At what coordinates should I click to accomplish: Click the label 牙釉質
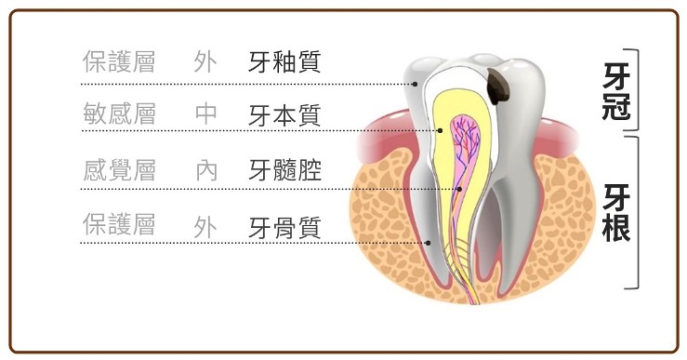click(x=284, y=62)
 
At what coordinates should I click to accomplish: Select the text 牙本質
click(x=284, y=115)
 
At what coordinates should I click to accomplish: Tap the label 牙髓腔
click(x=284, y=171)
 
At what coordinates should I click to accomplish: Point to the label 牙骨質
click(x=284, y=226)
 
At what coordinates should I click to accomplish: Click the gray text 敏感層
click(x=119, y=114)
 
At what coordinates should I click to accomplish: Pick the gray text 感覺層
click(x=119, y=170)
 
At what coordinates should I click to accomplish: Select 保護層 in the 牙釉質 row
click(x=119, y=61)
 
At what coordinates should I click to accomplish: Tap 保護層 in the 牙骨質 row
click(x=119, y=224)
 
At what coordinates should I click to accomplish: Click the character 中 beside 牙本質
click(x=206, y=114)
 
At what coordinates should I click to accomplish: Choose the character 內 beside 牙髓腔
click(x=206, y=170)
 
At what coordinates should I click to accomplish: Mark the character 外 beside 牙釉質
click(x=206, y=61)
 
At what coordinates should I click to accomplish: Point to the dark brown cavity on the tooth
click(x=499, y=87)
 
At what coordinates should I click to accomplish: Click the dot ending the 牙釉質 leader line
click(x=414, y=84)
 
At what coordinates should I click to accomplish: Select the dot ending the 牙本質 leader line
click(x=440, y=131)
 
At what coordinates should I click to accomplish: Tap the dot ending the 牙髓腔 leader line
click(x=459, y=189)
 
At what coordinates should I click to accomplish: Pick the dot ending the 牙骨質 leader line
click(x=427, y=243)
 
